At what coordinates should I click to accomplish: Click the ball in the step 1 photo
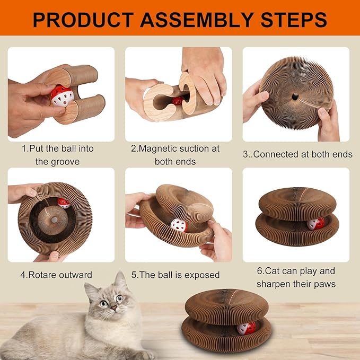[62, 96]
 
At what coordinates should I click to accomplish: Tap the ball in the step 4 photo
[64, 203]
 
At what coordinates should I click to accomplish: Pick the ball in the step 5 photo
[179, 225]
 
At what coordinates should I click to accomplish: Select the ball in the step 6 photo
[316, 224]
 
